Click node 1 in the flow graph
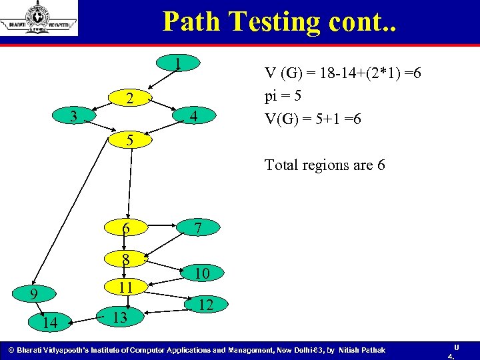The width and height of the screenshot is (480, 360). click(x=178, y=65)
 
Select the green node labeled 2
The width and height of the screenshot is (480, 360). click(x=131, y=99)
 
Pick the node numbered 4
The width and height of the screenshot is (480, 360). click(x=193, y=117)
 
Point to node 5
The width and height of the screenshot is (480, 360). click(x=131, y=140)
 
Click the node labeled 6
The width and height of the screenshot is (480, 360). click(x=125, y=228)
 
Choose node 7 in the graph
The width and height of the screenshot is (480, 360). click(x=197, y=228)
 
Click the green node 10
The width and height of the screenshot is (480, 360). click(x=203, y=273)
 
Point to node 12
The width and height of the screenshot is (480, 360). click(x=206, y=305)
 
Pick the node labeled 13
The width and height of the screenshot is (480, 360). click(x=119, y=316)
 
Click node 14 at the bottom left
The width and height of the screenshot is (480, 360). click(x=49, y=323)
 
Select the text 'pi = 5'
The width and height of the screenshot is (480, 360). click(x=283, y=96)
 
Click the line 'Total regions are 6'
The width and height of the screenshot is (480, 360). click(x=325, y=164)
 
